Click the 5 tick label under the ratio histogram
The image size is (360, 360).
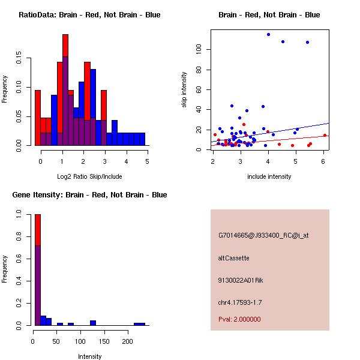(x=147, y=161)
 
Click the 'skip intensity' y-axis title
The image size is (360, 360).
(x=185, y=89)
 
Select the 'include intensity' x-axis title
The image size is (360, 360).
(x=269, y=176)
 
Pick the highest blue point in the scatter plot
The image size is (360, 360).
(x=268, y=34)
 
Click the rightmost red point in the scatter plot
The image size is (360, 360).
(x=325, y=135)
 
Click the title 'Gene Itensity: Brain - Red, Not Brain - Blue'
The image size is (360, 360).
(x=89, y=195)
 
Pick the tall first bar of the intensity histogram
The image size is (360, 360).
(x=38, y=270)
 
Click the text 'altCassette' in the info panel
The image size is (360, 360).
(x=233, y=258)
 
